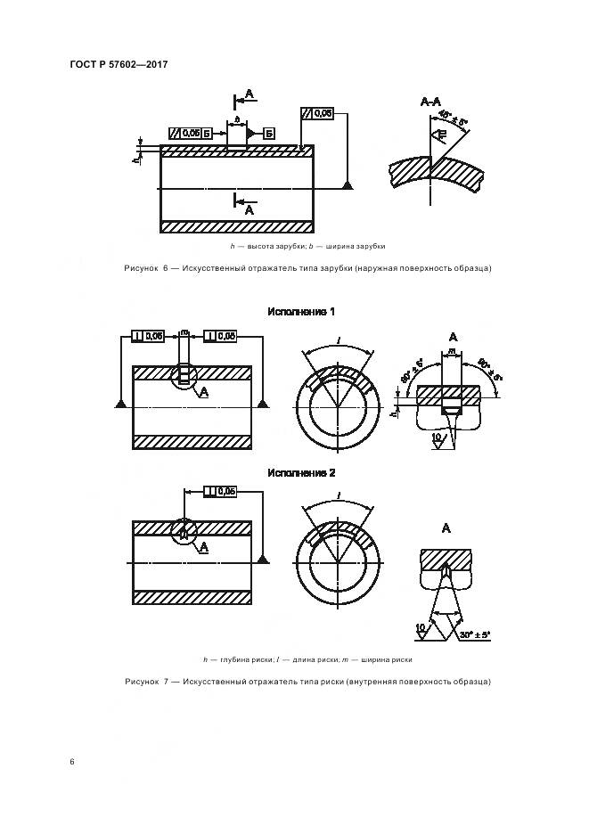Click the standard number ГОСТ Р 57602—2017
119,64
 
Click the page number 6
71,762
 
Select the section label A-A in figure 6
430,103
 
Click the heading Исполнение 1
301,312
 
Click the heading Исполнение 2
301,472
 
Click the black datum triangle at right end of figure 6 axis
348,184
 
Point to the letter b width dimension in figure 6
237,119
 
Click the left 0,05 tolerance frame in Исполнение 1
148,336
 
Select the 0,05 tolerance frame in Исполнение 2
220,491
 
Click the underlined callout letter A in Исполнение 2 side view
205,546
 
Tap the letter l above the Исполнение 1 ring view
338,340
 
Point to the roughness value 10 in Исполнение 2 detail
420,628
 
